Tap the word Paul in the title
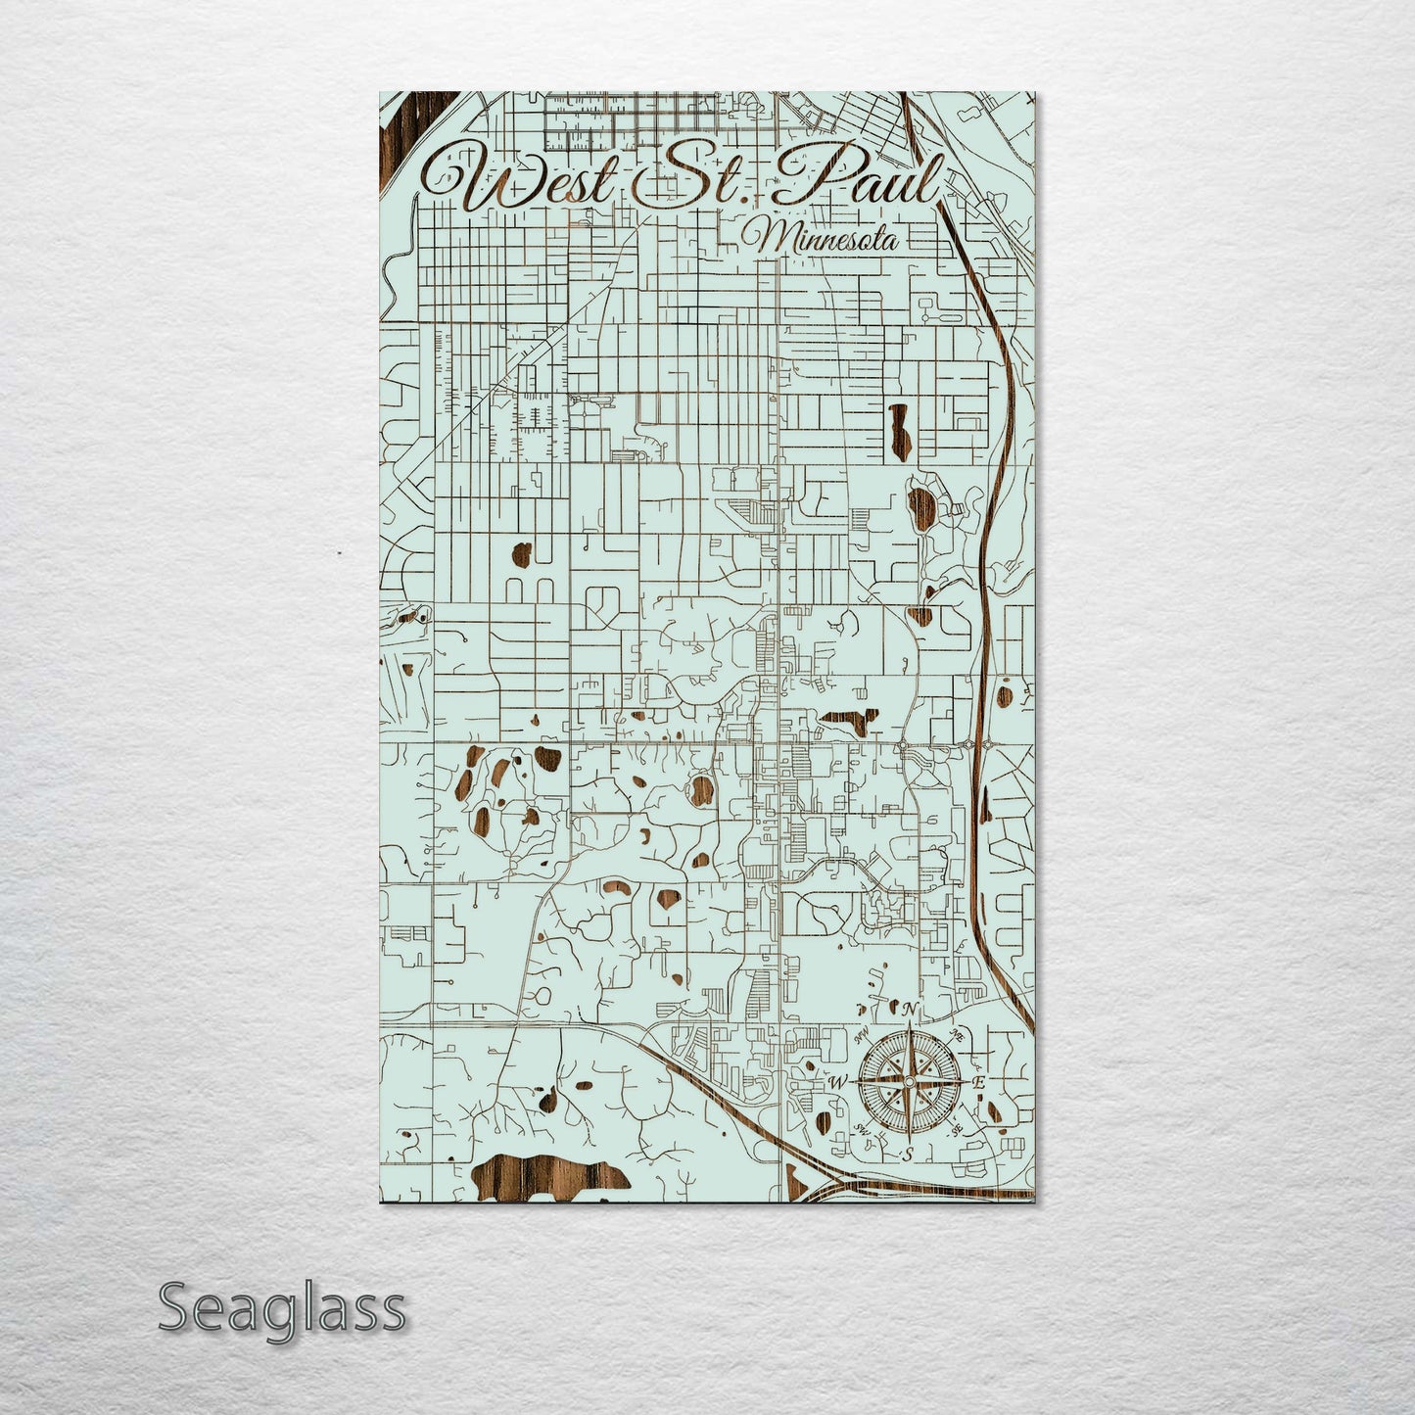pos(858,179)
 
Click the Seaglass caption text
pos(281,1308)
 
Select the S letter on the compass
pos(909,1152)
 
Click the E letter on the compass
pos(977,1082)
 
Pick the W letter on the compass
pos(838,1083)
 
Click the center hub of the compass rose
pos(909,1081)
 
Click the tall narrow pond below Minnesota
pos(897,423)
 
